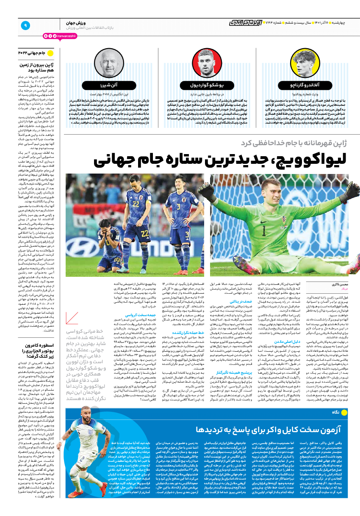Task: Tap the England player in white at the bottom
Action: (91, 457)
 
